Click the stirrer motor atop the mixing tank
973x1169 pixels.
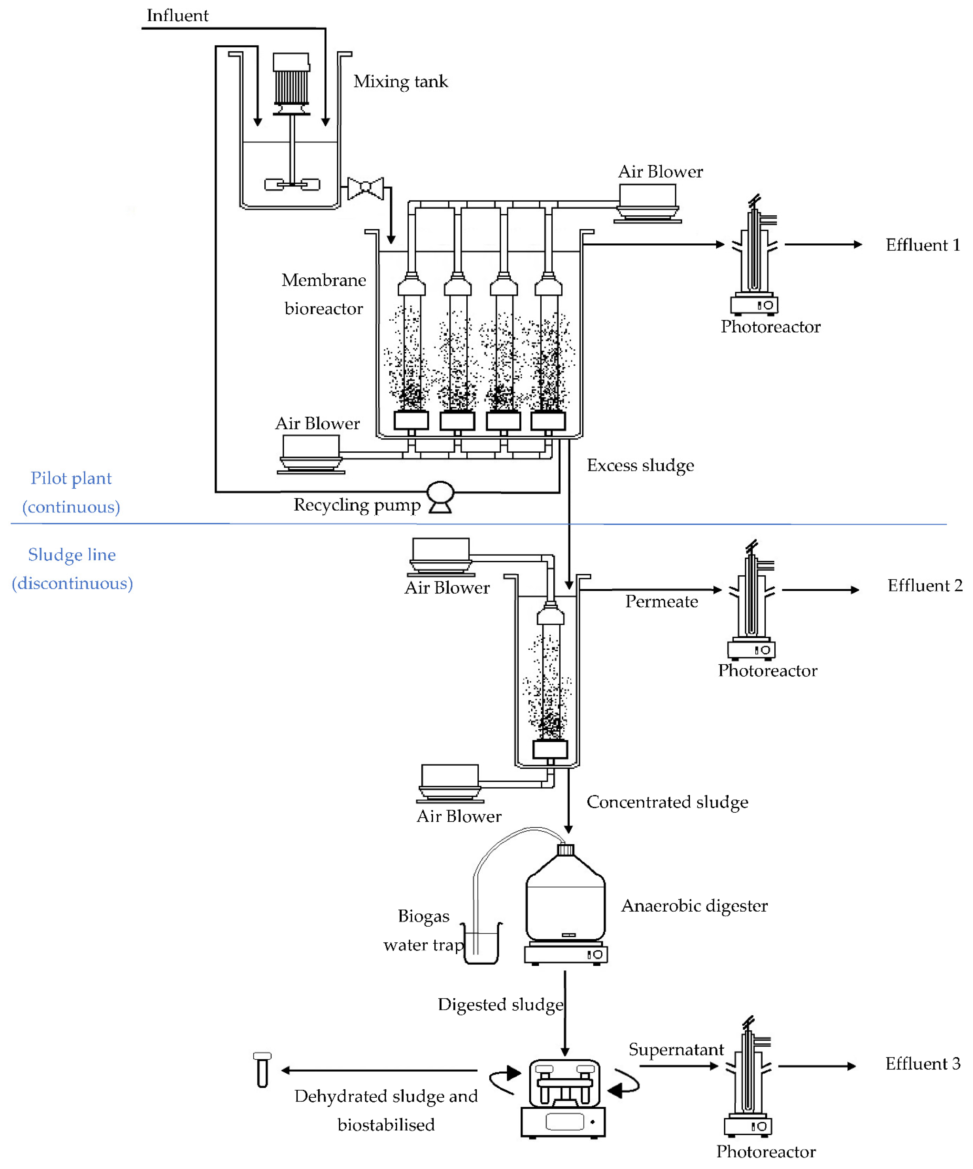291,81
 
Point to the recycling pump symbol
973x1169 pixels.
440,495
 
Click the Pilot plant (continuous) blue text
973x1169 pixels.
71,493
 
